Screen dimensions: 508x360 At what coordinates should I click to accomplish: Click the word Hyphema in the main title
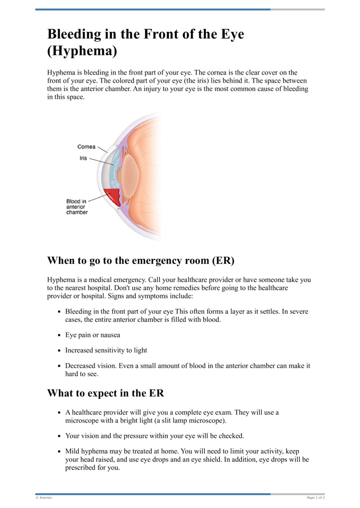point(82,51)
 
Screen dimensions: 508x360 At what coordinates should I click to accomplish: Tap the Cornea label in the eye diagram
point(86,147)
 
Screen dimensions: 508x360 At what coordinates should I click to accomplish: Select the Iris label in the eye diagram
point(83,158)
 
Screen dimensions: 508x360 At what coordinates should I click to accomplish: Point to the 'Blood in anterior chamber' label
point(77,207)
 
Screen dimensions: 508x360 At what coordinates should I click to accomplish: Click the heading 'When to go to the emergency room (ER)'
point(141,261)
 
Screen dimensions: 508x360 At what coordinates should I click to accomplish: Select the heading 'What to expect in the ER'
point(105,393)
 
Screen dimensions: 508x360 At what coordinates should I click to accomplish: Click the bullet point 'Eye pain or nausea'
point(93,335)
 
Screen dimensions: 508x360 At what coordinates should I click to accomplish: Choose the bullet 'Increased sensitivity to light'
point(106,350)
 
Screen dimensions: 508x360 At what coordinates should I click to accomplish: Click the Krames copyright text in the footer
point(44,498)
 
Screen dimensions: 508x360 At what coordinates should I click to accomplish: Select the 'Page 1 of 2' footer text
point(315,498)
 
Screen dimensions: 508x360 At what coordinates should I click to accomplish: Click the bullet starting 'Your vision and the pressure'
point(154,436)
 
